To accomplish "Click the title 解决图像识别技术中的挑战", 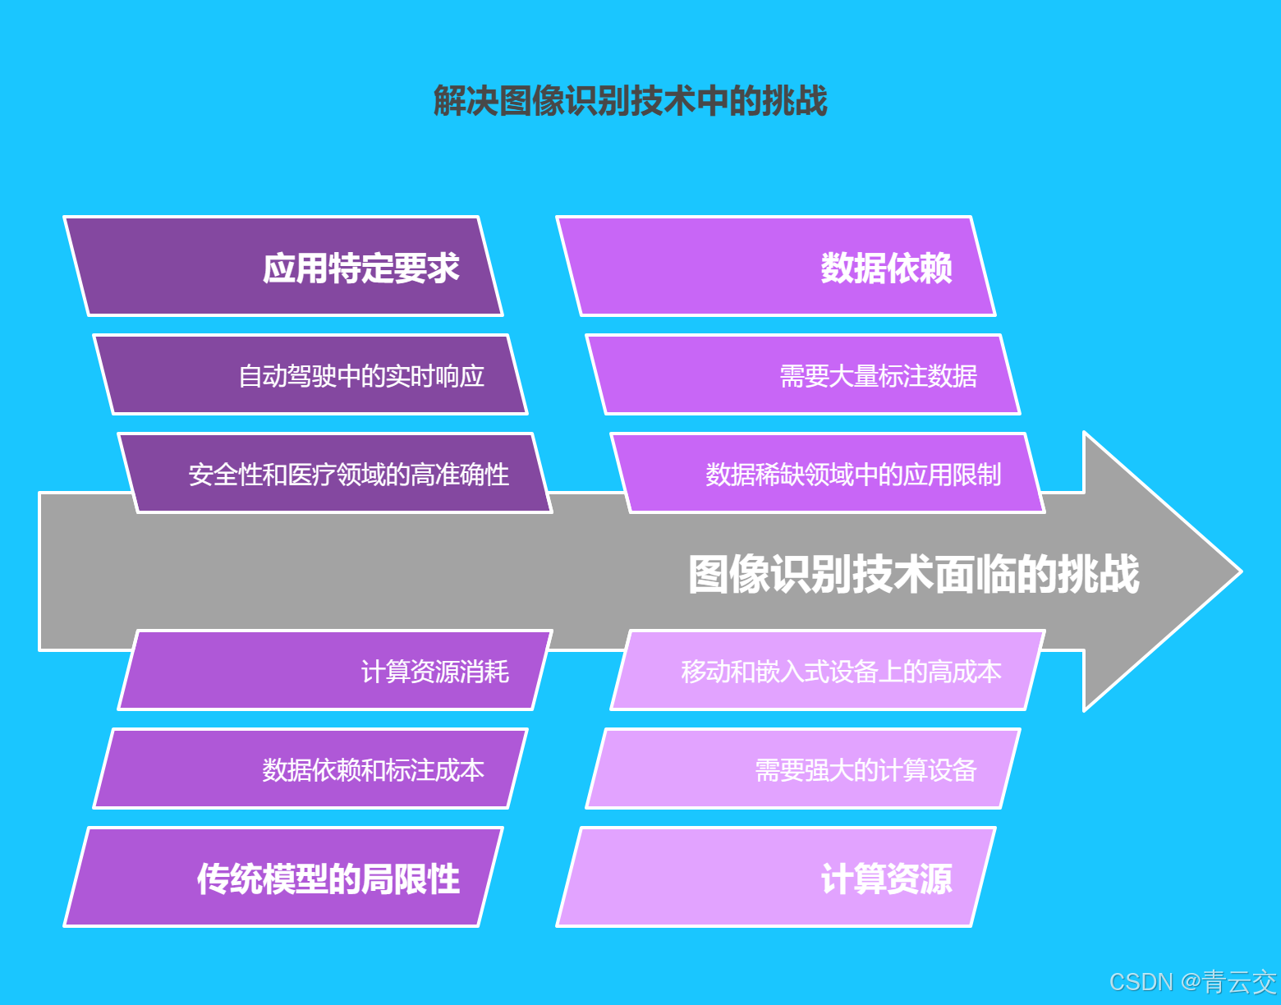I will point(630,101).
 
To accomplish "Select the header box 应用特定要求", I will point(283,267).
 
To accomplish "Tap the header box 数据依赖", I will point(776,267).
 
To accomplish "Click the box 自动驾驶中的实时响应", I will point(310,375).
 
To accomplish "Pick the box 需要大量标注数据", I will point(803,375).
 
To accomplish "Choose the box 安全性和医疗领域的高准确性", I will point(335,474).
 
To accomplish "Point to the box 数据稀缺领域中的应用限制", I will point(828,474).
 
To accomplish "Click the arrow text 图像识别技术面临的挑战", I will point(913,573).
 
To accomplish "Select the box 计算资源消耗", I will point(335,671).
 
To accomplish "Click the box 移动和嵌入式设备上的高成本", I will point(828,671).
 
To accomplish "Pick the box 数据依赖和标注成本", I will point(310,769).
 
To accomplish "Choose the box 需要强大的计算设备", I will point(803,769).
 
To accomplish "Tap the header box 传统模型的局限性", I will point(283,878).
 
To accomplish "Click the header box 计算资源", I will point(776,878).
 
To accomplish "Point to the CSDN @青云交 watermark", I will point(1192,982).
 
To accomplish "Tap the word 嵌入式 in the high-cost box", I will point(792,672).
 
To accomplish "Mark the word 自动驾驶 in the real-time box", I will point(287,376).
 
